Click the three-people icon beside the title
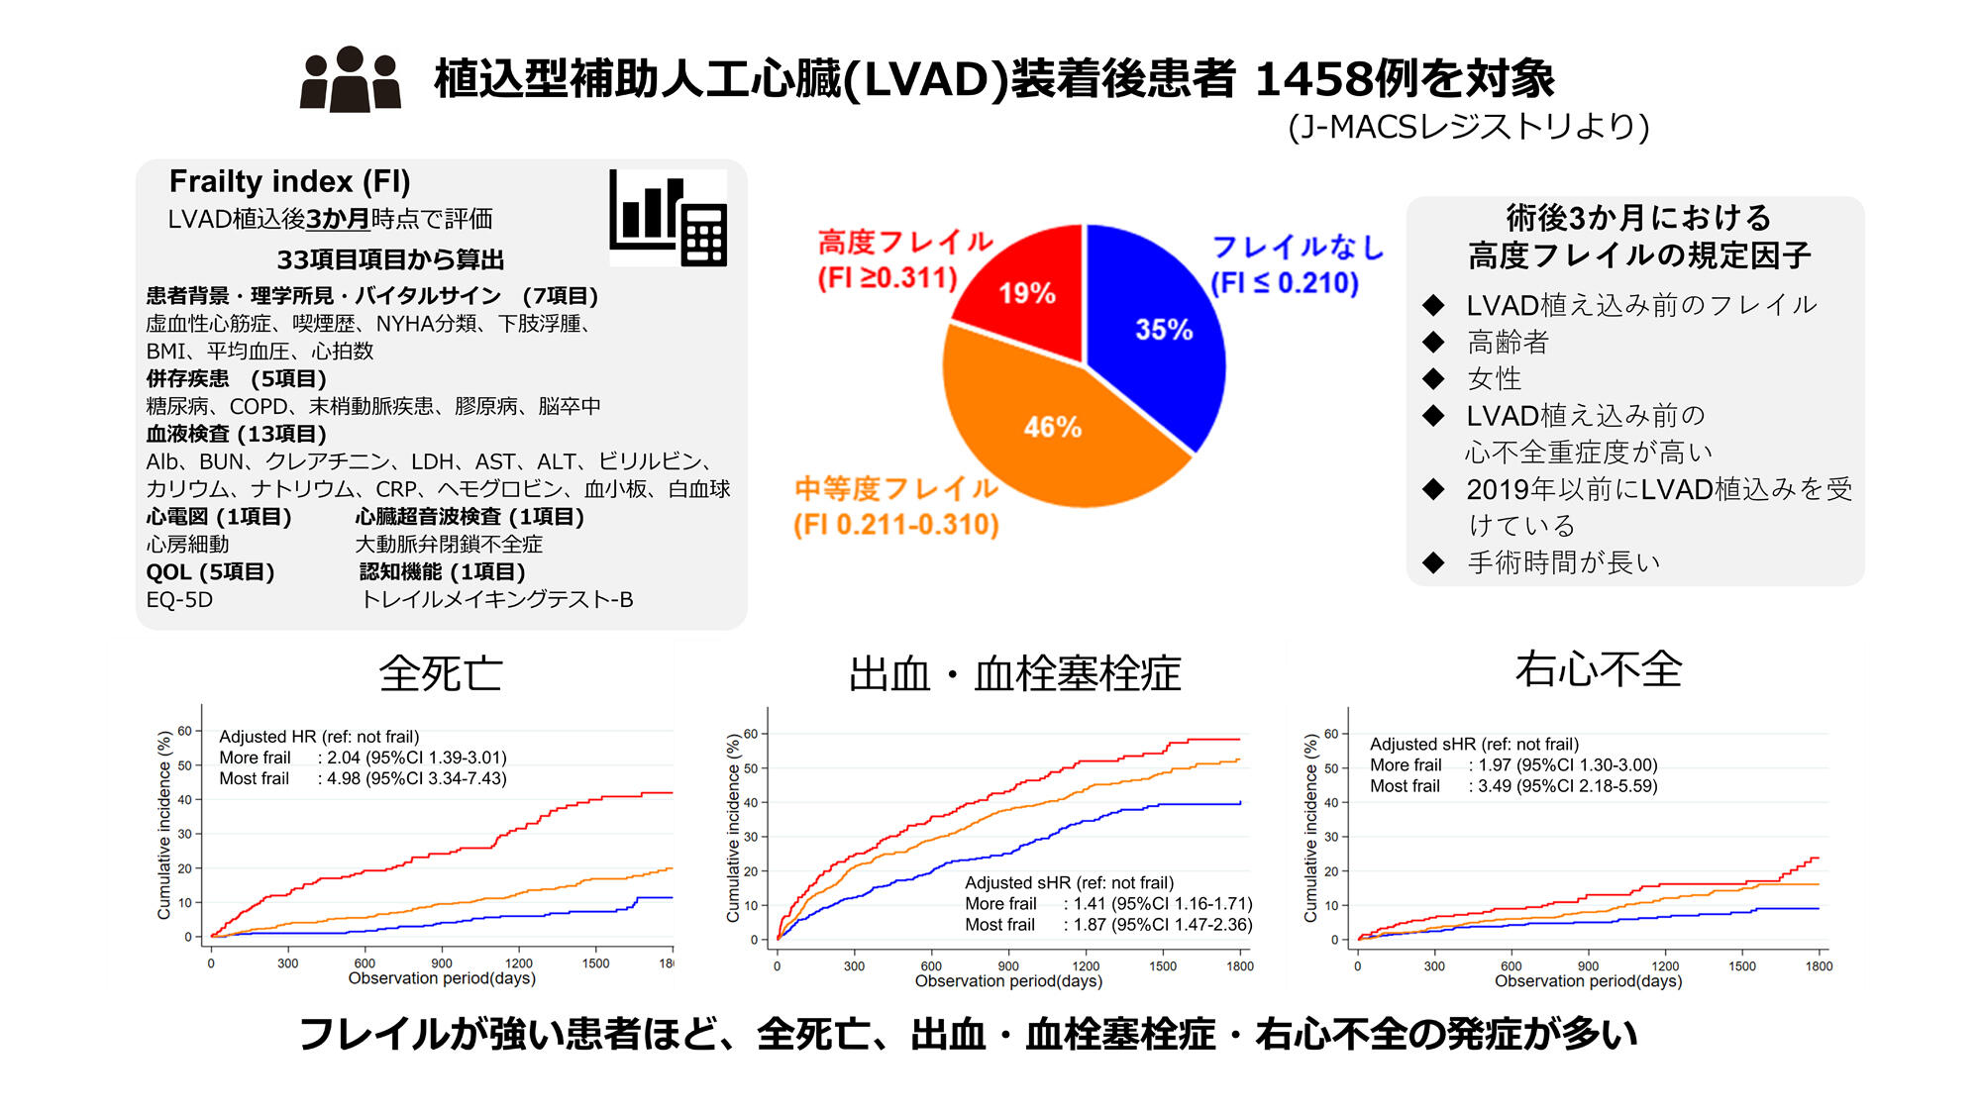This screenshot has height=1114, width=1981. [351, 79]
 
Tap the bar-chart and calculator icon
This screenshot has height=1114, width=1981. [669, 218]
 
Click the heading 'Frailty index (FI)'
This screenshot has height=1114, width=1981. [289, 181]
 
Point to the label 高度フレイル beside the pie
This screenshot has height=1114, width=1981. [904, 242]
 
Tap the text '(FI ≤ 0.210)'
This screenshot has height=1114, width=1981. [1285, 283]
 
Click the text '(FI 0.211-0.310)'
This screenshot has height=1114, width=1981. [895, 524]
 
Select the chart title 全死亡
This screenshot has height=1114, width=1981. [441, 674]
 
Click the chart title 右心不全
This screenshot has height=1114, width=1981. [1598, 669]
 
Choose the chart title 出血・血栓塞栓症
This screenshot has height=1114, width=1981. [1015, 674]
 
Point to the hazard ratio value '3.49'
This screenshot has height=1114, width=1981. [1495, 786]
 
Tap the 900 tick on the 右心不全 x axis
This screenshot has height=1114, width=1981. [1588, 966]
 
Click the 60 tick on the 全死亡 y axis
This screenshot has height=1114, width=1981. [185, 731]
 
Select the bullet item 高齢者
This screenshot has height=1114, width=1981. [1508, 343]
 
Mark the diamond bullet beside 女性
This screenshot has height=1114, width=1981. [1433, 378]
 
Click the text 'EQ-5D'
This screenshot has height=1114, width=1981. [179, 599]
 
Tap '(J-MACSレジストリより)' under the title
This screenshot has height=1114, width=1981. [1468, 127]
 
